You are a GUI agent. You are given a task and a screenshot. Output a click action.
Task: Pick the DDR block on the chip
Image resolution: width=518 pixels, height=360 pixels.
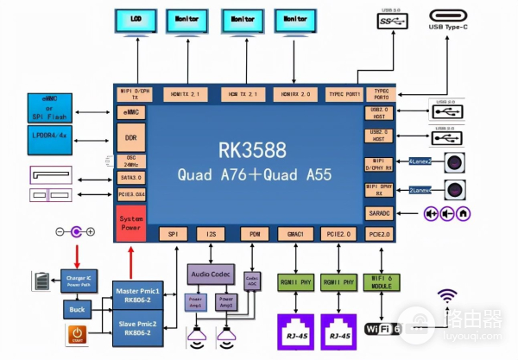(x=130, y=138)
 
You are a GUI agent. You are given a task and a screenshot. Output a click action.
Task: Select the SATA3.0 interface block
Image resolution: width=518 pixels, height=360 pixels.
(x=130, y=177)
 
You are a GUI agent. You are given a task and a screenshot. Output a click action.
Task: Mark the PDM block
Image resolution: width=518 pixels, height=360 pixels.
(x=253, y=234)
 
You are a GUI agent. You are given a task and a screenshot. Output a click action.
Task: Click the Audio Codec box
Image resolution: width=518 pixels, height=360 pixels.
(x=210, y=275)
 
